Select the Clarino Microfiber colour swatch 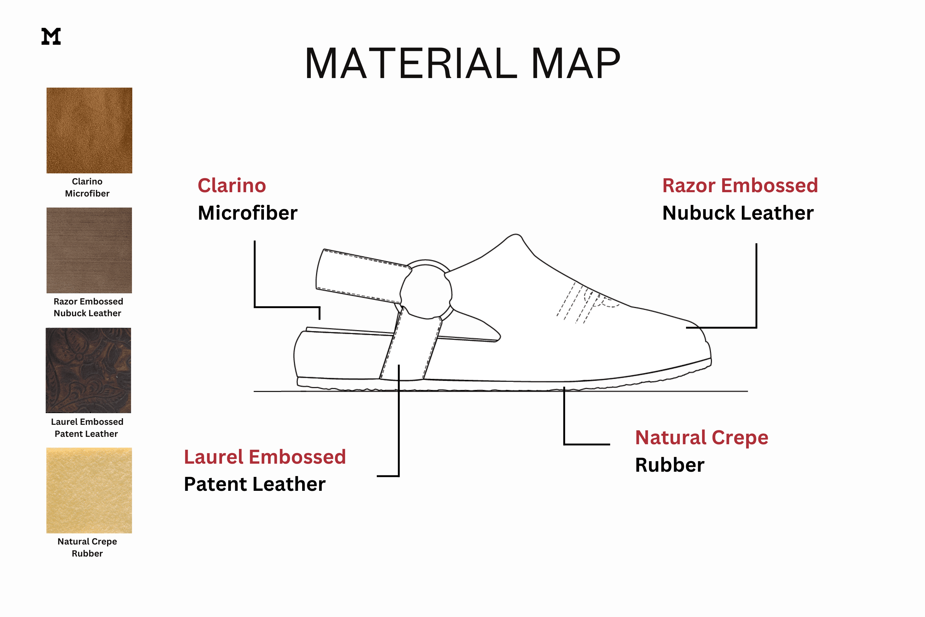pyautogui.click(x=89, y=130)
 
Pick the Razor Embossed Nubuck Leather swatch pyautogui.click(x=89, y=250)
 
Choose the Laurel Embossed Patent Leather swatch pyautogui.click(x=88, y=370)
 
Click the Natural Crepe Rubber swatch pyautogui.click(x=89, y=490)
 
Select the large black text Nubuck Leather pyautogui.click(x=738, y=213)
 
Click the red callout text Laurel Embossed pyautogui.click(x=265, y=457)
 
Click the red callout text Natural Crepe pyautogui.click(x=702, y=437)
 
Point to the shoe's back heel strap pyautogui.click(x=362, y=275)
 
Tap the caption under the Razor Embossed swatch pyautogui.click(x=88, y=307)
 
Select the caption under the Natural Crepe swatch pyautogui.click(x=87, y=547)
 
